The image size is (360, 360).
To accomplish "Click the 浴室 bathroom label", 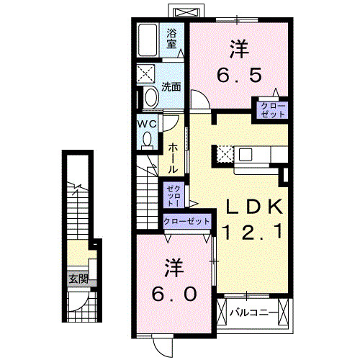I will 172,37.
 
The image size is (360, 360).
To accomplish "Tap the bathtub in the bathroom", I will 149,42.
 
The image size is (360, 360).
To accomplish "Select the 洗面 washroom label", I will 171,88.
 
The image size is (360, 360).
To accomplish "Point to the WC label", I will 148,123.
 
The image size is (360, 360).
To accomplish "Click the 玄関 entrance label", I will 78,279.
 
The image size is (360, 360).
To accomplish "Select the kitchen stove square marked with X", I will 225,153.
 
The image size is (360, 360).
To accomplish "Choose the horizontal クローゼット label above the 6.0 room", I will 187,222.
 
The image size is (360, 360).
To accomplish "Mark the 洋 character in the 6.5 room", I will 240,49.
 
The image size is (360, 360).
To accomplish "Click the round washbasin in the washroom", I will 150,96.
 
